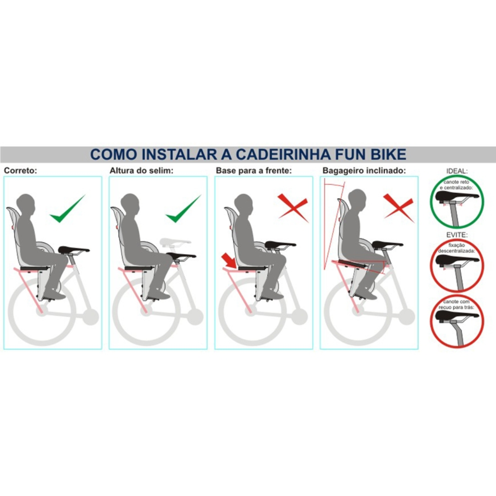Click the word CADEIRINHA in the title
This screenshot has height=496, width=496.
click(283, 154)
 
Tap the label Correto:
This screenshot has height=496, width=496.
click(21, 170)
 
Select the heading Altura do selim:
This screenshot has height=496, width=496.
click(141, 170)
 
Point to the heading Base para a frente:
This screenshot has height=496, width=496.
click(254, 170)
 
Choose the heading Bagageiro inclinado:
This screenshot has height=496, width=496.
click(364, 170)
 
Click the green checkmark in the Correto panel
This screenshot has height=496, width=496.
click(68, 209)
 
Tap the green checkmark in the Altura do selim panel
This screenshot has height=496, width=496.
click(183, 209)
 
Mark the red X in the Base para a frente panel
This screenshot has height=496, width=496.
click(293, 208)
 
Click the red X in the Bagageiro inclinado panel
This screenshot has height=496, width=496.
click(398, 208)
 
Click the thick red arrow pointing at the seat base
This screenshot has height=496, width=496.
click(229, 261)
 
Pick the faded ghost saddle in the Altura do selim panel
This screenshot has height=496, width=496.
click(175, 242)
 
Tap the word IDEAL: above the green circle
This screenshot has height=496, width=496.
click(457, 171)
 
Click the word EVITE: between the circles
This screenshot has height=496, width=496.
click(457, 235)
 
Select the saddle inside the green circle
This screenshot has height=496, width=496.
click(457, 197)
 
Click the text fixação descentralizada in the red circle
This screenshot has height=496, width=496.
click(457, 248)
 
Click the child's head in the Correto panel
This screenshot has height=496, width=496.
click(26, 205)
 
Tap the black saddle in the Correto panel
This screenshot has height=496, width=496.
click(74, 250)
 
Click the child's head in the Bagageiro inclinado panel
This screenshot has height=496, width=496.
click(357, 200)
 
